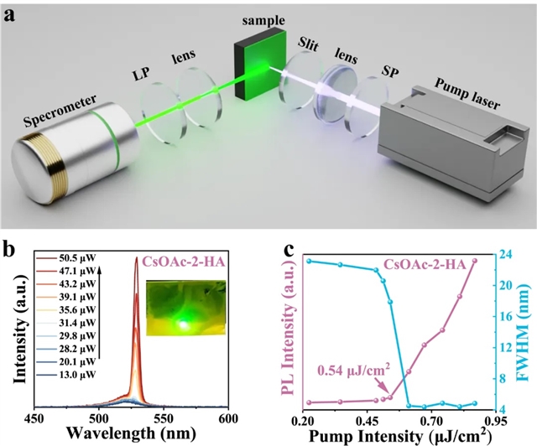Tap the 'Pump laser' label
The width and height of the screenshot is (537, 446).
(x=467, y=94)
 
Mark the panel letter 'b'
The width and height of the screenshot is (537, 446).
(x=8, y=248)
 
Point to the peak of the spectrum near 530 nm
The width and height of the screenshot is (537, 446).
(x=137, y=259)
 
